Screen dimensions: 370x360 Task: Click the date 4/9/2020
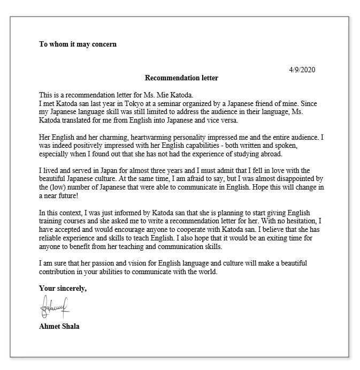302,70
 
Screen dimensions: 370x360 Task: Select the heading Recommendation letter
181,78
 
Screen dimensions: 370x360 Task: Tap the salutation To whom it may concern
78,44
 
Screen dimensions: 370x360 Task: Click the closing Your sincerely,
63,289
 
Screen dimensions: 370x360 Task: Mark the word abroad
269,154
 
